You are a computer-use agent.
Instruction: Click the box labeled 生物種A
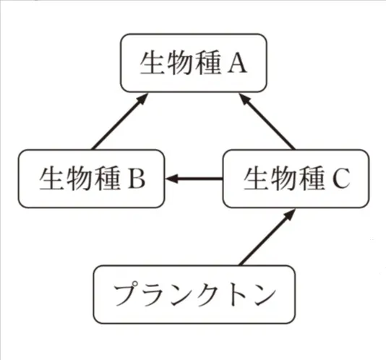(193, 63)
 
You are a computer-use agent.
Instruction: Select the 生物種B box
(91, 177)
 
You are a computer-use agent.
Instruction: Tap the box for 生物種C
(295, 177)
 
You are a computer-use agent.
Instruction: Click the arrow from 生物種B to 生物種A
(116, 124)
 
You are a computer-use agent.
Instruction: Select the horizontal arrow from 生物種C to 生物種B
(194, 177)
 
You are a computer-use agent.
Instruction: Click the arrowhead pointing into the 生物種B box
(173, 177)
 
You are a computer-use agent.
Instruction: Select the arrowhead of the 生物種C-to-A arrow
(246, 101)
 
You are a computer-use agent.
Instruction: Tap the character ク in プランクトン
(204, 295)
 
